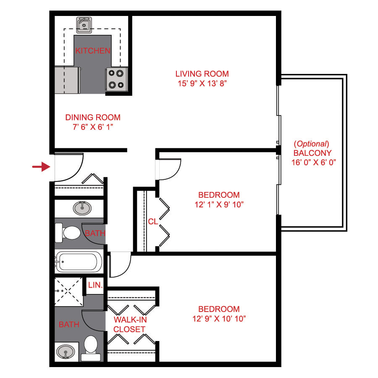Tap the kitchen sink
[84, 26]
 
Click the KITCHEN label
[93, 51]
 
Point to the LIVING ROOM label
[202, 74]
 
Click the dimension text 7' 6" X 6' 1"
[93, 126]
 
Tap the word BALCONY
[312, 153]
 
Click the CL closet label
[153, 221]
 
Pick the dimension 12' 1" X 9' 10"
[219, 205]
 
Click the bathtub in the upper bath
[79, 262]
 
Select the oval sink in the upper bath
[82, 207]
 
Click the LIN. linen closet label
[95, 285]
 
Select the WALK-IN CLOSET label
[129, 325]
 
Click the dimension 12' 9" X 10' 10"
[219, 318]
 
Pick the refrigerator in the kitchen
[67, 80]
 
